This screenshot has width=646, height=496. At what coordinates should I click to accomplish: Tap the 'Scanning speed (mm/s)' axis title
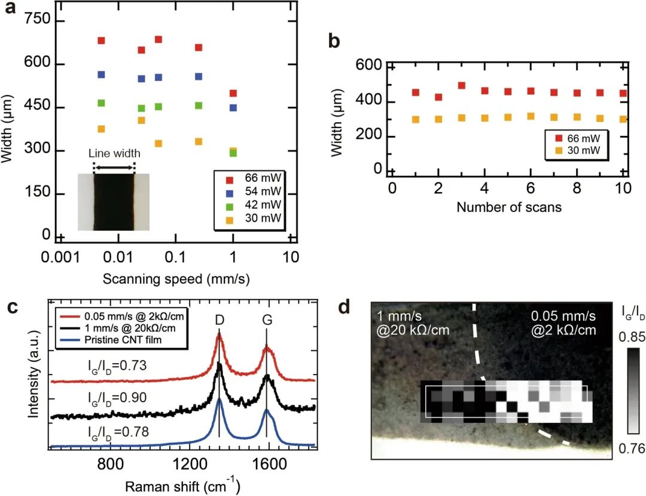click(x=176, y=278)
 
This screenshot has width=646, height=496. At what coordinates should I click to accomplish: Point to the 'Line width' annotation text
click(x=115, y=154)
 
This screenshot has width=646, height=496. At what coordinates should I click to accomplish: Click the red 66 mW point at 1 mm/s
click(x=233, y=93)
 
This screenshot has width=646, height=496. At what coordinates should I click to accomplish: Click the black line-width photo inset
click(x=114, y=202)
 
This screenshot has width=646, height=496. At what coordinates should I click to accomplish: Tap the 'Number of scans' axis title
click(x=509, y=208)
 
